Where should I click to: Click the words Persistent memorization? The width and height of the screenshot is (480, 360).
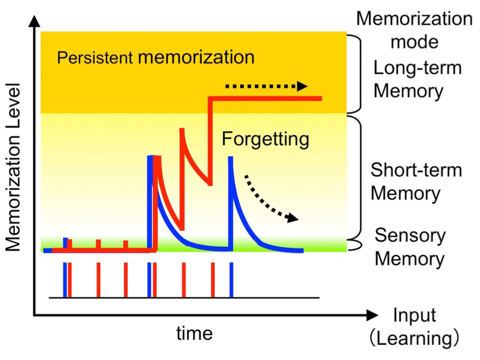155,57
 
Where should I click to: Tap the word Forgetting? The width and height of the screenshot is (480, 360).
265,138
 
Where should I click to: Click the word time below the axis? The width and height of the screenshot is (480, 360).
194,334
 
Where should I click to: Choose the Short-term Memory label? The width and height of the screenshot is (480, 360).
416,182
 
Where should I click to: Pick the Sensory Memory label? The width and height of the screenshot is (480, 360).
410,248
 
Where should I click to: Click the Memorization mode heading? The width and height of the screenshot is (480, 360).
414,29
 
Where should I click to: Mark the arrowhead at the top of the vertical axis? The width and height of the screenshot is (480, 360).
34,20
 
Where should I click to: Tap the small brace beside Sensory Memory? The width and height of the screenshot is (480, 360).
356,245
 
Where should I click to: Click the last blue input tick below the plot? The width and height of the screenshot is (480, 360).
231,280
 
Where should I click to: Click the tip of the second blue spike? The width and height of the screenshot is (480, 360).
230,158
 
